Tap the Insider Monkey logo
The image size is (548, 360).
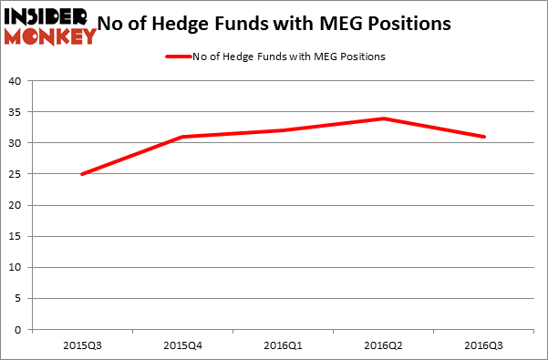coord(50,26)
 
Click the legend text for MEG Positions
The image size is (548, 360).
coord(289,57)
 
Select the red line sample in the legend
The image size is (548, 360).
coord(177,57)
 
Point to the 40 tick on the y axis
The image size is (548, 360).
coord(16,81)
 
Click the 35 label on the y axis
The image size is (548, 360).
coord(16,112)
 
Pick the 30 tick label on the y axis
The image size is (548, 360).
coord(16,143)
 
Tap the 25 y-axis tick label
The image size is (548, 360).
coord(16,174)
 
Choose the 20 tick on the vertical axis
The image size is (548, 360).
coord(16,206)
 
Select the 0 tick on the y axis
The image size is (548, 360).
coord(19,330)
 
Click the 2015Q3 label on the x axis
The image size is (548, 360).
coord(83,346)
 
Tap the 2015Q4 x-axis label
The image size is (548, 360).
coord(183,346)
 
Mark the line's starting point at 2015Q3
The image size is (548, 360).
coord(83,174)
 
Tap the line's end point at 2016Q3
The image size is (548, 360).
coord(484,137)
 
